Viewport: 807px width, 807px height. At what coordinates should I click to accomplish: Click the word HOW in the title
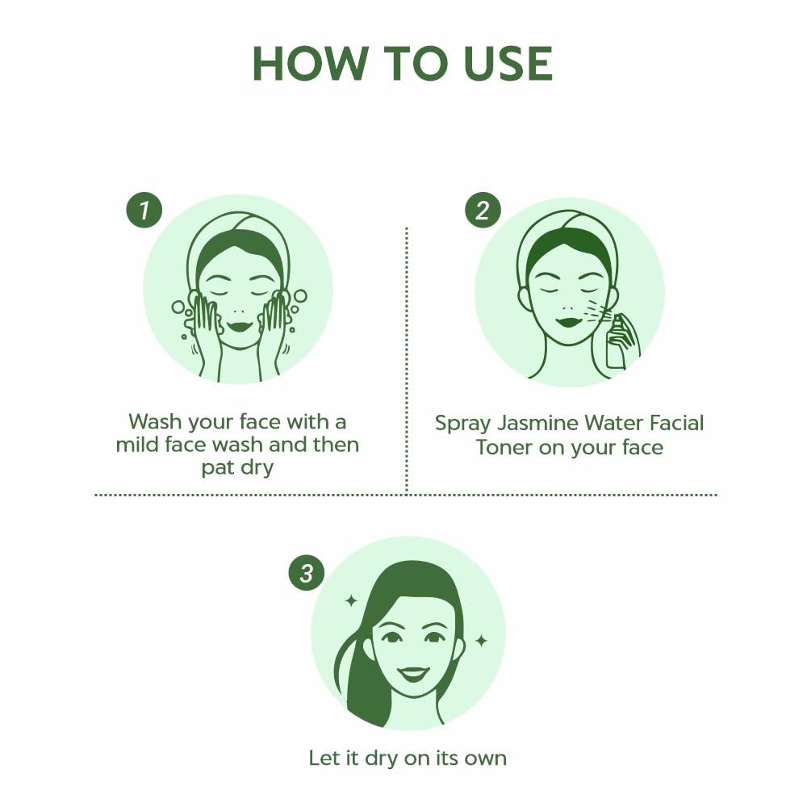pos(308,64)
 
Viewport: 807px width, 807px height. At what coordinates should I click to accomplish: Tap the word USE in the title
pos(507,64)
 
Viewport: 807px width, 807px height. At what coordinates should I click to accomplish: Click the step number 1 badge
pos(144,210)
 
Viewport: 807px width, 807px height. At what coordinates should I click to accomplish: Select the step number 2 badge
pos(483,210)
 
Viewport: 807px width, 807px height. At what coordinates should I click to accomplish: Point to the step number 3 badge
pos(306,572)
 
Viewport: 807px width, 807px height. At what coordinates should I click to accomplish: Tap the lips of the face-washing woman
pos(240,326)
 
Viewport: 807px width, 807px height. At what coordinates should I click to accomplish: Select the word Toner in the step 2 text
pos(504,447)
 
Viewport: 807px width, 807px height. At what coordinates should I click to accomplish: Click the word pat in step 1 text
pos(218,468)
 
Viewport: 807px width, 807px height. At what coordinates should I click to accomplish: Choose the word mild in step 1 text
pos(134,444)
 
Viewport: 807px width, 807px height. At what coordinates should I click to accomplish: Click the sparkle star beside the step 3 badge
pos(351,600)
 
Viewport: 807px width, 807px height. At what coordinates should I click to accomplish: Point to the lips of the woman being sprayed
pos(569,322)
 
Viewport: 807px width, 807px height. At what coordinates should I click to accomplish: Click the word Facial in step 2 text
pos(676,423)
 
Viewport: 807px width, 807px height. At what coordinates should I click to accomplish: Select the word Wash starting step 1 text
pos(156,421)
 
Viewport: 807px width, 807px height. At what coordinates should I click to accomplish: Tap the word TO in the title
pos(414,64)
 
